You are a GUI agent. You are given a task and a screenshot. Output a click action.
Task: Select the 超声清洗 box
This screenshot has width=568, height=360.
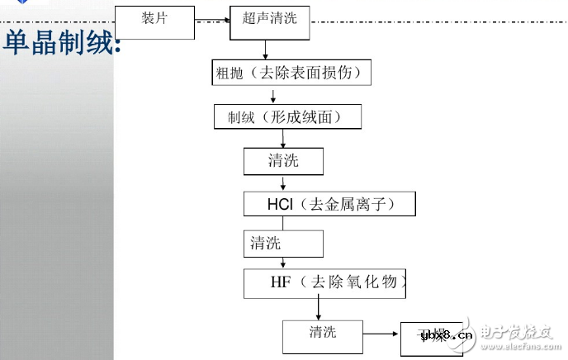click(x=269, y=21)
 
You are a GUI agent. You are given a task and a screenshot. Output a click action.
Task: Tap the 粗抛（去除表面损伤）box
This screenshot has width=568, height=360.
click(x=291, y=73)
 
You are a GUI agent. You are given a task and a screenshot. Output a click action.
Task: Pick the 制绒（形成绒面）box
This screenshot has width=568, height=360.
click(x=288, y=117)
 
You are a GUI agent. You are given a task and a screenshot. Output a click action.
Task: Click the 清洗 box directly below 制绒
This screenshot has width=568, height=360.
click(x=283, y=160)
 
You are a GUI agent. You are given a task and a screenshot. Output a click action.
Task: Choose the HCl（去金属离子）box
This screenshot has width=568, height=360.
click(x=329, y=204)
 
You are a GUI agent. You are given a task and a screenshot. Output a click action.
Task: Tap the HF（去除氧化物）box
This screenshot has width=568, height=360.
click(x=328, y=283)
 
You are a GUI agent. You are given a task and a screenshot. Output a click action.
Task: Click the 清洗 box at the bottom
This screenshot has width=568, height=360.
click(x=323, y=334)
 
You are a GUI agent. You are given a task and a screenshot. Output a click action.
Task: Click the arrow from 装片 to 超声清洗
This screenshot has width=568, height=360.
click(x=211, y=17)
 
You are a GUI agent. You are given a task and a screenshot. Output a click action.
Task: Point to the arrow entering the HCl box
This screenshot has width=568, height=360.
click(x=283, y=183)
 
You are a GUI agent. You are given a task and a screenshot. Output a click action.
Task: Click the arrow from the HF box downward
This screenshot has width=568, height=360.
click(x=317, y=310)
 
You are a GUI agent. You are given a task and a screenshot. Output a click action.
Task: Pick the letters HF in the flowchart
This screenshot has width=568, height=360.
click(x=280, y=283)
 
